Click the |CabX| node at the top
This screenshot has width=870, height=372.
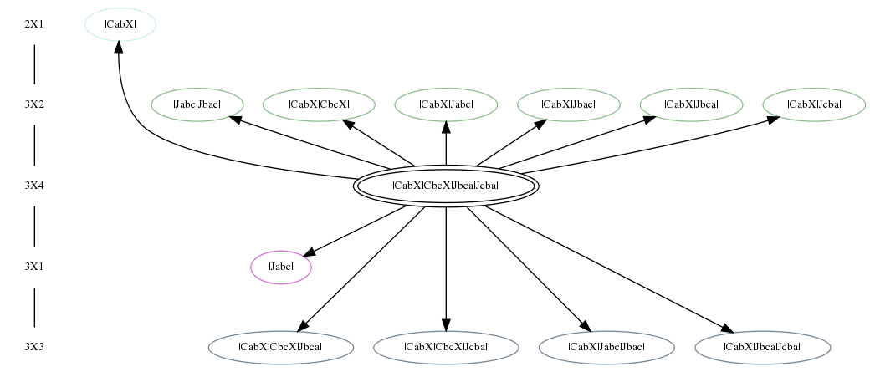(120, 24)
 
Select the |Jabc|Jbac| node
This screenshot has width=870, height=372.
(197, 104)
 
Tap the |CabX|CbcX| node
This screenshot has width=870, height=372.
(319, 104)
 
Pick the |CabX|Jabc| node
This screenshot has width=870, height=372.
(446, 104)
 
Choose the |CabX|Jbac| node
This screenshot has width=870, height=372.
(569, 104)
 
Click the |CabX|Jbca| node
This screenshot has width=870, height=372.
(691, 104)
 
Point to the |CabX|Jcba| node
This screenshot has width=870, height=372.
(814, 104)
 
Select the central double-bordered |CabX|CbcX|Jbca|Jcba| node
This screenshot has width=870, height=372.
(446, 186)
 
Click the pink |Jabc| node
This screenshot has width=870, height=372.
(281, 268)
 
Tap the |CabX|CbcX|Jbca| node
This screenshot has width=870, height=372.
(281, 348)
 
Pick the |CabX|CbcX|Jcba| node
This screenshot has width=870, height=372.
(446, 348)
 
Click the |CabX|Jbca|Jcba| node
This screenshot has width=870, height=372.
(762, 348)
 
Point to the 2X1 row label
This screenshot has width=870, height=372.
(33, 24)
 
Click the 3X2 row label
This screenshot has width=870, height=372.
(33, 104)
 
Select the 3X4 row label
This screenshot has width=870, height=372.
(33, 186)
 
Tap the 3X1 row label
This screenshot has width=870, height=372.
(33, 267)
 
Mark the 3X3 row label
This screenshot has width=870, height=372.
(33, 348)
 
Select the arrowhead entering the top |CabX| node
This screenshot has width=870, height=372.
(118, 47)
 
